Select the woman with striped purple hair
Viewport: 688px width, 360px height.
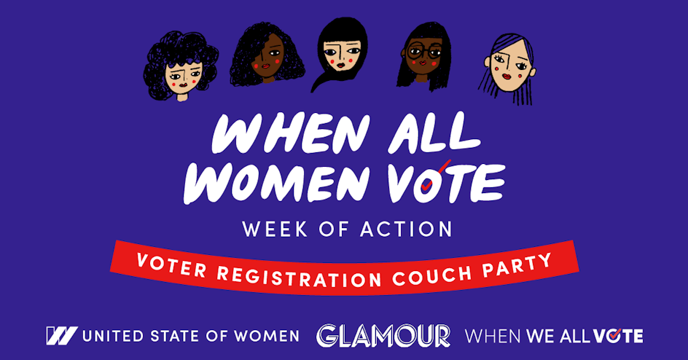coord(509,68)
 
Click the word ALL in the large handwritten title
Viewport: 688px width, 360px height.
coord(434,132)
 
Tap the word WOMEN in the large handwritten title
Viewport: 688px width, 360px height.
coord(276,184)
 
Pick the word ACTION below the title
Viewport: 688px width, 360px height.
coord(406,229)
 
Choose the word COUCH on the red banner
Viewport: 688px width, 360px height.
coord(431,275)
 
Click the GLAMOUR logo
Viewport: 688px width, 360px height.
coord(383,336)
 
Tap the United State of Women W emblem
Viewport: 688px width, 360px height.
coord(61,335)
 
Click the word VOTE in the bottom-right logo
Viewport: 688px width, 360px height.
coord(618,336)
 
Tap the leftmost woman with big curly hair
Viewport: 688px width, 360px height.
coord(181,66)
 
